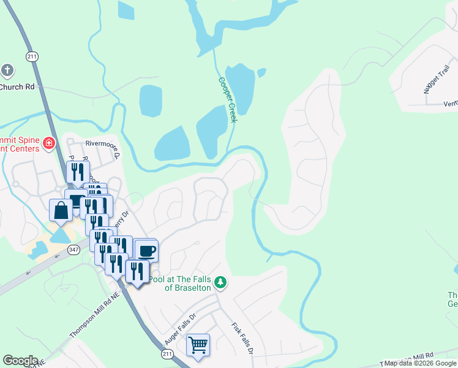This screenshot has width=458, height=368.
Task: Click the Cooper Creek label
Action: click(227, 99)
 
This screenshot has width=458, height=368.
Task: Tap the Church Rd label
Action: click(17, 87)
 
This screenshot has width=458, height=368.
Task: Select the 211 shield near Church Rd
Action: click(32, 56)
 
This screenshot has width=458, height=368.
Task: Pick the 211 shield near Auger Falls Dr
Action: click(167, 355)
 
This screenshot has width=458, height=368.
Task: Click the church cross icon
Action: click(7, 70)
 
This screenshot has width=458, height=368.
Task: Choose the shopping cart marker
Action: click(198, 345)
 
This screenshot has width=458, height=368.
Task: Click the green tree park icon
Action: click(220, 283)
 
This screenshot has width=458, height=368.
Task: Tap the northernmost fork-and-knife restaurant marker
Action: click(78, 172)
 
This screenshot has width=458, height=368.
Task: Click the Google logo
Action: click(20, 361)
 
